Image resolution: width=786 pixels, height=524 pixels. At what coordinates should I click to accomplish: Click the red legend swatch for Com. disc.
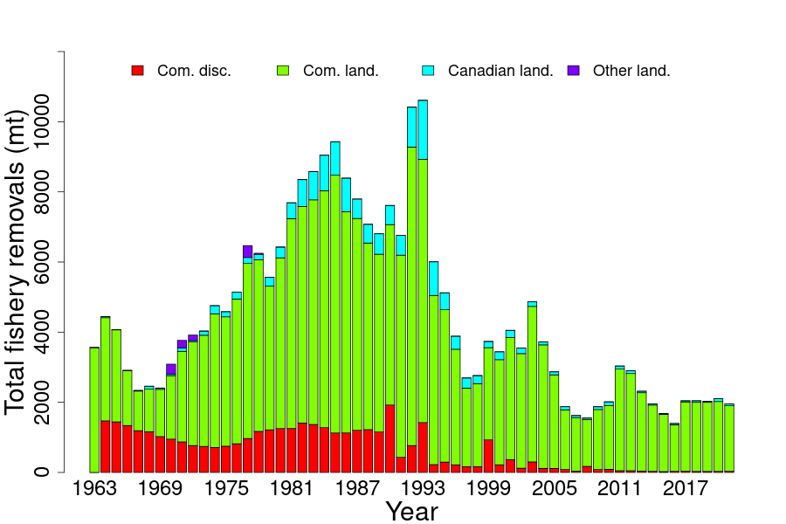(x=137, y=71)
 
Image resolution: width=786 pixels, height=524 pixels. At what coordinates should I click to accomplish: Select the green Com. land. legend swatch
(x=282, y=71)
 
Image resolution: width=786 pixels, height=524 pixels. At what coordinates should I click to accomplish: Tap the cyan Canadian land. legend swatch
(x=428, y=71)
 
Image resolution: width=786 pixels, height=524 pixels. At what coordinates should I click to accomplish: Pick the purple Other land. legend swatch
(x=573, y=71)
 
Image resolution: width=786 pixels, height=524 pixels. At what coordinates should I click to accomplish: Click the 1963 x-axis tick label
(x=94, y=488)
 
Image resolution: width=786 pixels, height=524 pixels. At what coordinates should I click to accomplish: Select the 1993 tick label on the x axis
(x=423, y=488)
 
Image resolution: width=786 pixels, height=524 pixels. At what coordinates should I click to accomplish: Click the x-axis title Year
(x=412, y=511)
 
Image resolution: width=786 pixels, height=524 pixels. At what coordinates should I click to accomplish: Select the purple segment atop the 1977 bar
(x=247, y=252)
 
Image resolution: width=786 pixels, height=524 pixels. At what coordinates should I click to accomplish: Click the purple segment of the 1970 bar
(x=171, y=369)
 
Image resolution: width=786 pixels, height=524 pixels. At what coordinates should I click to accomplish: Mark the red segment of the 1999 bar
(x=488, y=455)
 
